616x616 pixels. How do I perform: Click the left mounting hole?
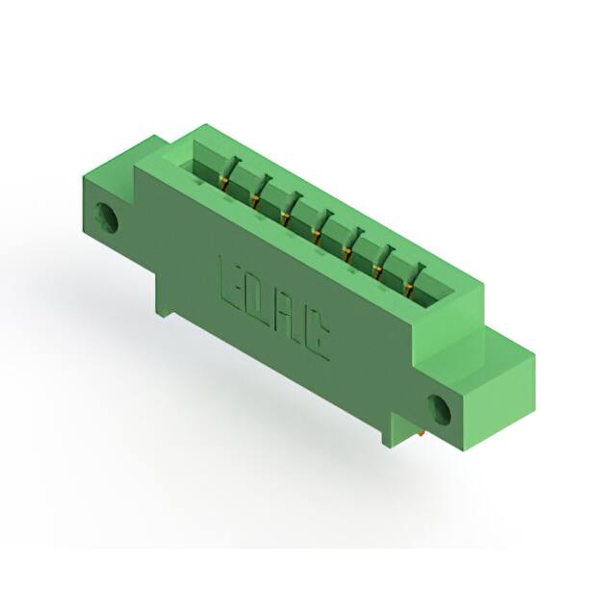pyautogui.click(x=107, y=218)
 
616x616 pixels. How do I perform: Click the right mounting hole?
pyautogui.click(x=440, y=410)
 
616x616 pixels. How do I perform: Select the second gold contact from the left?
pyautogui.click(x=254, y=199)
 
